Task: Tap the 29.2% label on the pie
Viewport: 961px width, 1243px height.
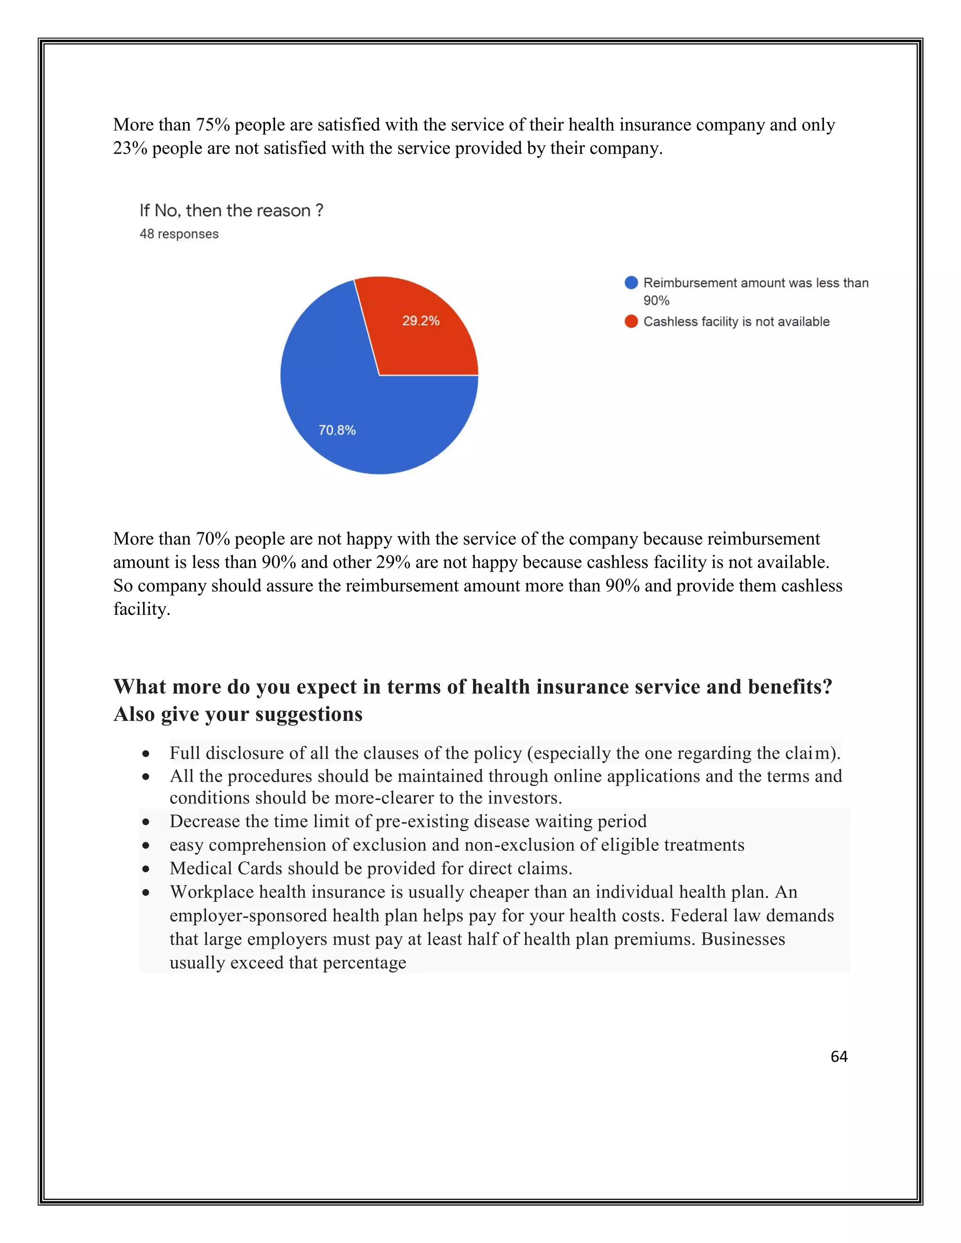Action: tap(421, 321)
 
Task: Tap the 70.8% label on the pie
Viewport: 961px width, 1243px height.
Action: tap(337, 430)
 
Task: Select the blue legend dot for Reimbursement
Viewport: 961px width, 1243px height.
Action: tap(631, 283)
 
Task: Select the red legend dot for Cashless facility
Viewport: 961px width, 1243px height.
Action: tap(631, 322)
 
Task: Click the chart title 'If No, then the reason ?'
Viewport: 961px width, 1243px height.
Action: tap(231, 211)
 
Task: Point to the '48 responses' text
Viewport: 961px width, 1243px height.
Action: tap(179, 234)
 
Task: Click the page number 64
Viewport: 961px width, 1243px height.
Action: tap(839, 1057)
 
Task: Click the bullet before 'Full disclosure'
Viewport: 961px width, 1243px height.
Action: tap(146, 754)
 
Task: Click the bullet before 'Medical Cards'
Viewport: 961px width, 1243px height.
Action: tap(146, 869)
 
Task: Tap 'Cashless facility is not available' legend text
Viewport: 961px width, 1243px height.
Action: tap(736, 322)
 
